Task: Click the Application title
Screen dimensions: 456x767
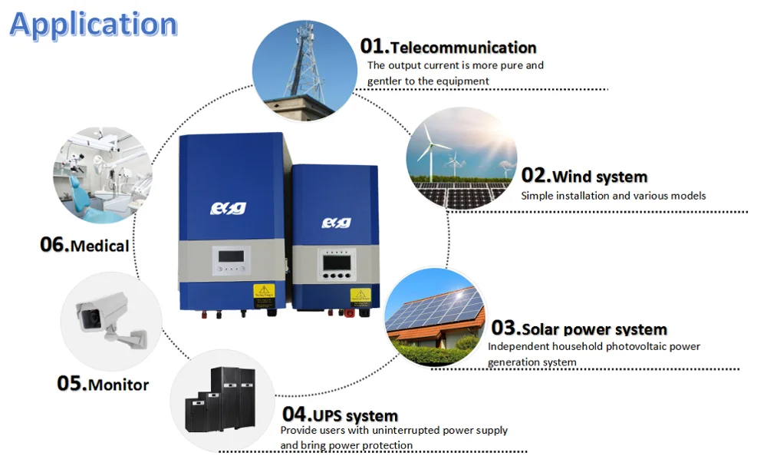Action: [93, 25]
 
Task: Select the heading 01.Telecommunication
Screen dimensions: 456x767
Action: [449, 47]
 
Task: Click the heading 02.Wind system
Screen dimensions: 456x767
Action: [584, 176]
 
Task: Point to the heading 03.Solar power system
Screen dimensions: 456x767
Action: [579, 329]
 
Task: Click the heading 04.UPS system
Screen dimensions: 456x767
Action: [340, 415]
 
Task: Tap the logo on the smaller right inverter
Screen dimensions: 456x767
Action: [334, 223]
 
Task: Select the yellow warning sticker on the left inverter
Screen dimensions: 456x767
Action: [264, 292]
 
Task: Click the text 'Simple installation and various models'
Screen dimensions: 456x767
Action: [613, 196]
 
